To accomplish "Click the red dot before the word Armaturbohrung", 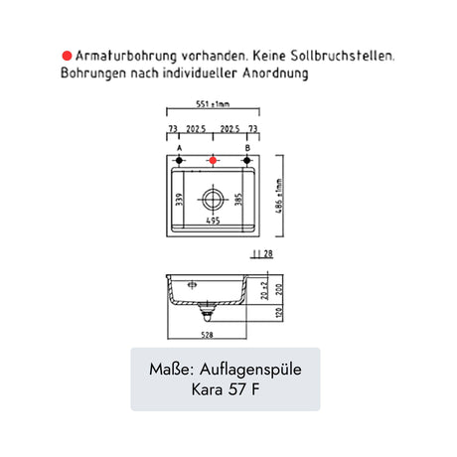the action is pos(67,56).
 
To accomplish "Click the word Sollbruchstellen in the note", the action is pos(342,56).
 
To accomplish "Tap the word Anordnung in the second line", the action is pos(275,73).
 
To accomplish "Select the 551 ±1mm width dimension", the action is pos(213,104).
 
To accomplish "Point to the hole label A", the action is pos(179,148).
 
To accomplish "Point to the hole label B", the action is pos(247,148).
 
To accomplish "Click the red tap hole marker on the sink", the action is pos(213,161).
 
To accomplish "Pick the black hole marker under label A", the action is pos(179,161).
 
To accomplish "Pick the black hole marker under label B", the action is pos(246,161).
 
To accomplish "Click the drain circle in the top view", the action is pos(213,200).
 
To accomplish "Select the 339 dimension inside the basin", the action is pos(179,200).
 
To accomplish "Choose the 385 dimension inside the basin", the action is pos(238,200).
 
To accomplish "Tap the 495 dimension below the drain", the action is pos(213,221).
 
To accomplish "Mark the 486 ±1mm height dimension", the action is pos(280,196).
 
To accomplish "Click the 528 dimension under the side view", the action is pos(207,335).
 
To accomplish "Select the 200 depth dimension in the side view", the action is pos(280,289).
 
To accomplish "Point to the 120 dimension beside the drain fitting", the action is pos(280,313).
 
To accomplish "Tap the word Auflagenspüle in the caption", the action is pos(250,370).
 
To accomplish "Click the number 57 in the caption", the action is pos(236,389).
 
